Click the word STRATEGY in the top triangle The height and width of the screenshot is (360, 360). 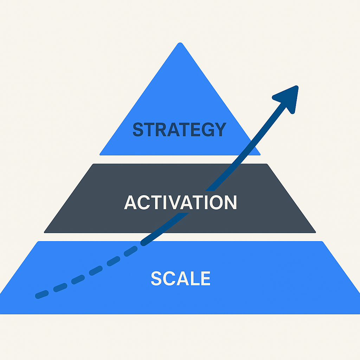(179, 130)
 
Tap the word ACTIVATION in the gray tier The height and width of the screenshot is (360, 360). (180, 202)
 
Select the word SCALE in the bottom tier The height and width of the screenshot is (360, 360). (180, 278)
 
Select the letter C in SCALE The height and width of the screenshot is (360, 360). (169, 278)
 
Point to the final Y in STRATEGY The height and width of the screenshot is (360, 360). (219, 130)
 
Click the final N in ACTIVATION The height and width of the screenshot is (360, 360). (230, 202)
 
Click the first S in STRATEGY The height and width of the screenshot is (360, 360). (138, 130)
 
